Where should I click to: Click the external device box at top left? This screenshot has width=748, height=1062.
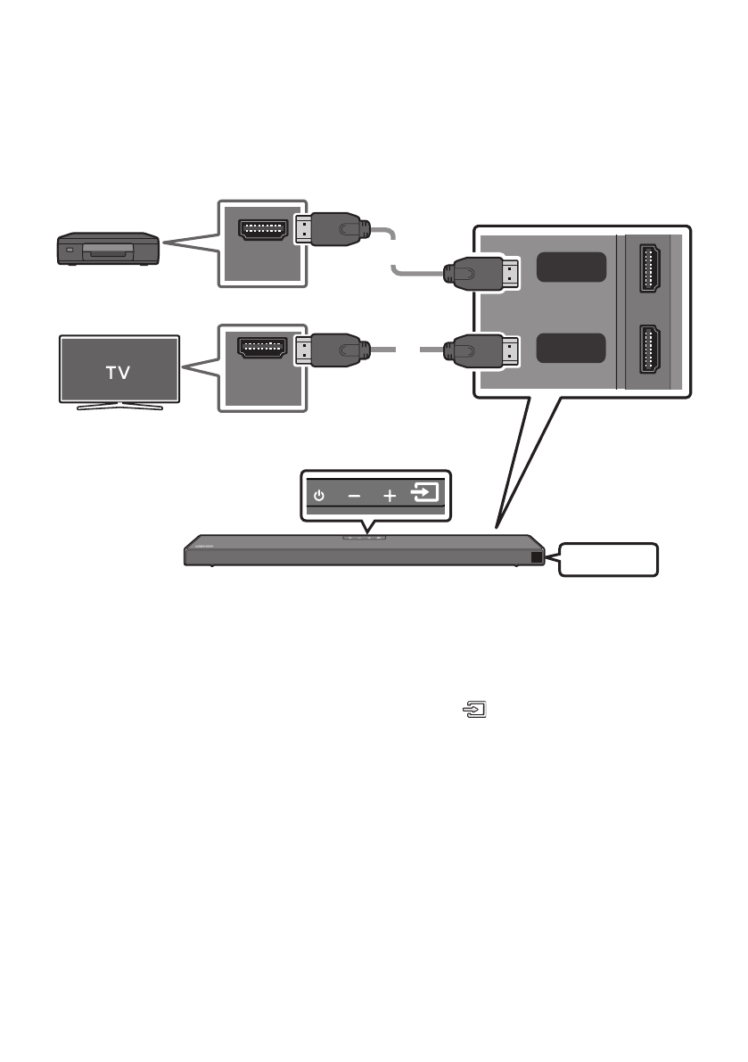point(107,249)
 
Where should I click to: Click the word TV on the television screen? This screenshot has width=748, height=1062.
point(119,372)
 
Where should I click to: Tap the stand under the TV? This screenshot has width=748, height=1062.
point(119,407)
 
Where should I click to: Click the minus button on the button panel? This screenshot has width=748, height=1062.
point(354,495)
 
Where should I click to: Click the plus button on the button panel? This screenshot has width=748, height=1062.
point(390,495)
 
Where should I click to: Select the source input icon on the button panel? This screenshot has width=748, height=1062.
point(426,493)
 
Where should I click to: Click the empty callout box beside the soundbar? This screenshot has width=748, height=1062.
point(610,559)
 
